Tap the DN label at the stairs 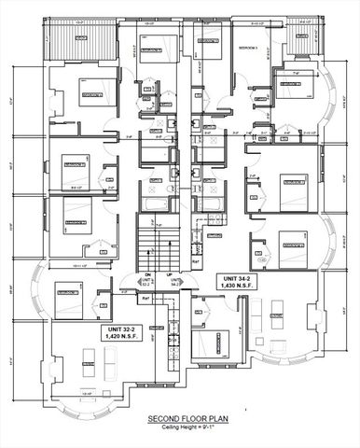(145, 274)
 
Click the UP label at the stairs (167, 274)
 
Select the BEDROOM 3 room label (248, 46)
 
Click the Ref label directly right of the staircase (194, 264)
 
